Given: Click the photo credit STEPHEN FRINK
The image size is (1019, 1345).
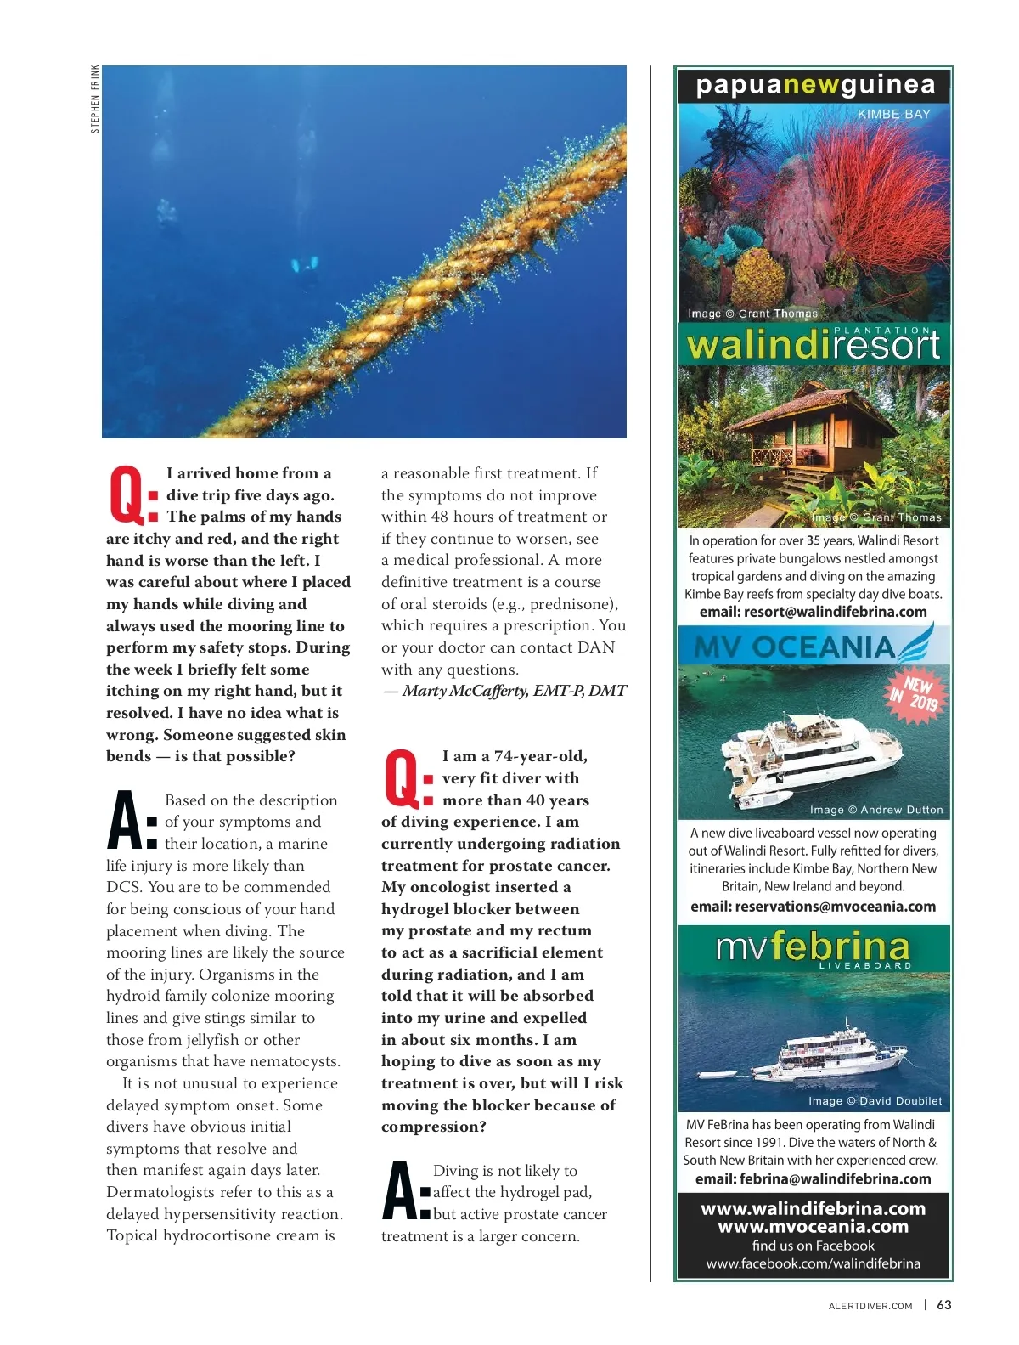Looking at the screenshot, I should [95, 99].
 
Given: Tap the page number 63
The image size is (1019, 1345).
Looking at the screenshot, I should [944, 1305].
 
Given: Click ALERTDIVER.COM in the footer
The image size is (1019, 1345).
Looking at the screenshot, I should [870, 1306].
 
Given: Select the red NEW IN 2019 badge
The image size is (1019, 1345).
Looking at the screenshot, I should [912, 693].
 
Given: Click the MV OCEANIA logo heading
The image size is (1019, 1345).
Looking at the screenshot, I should [795, 647].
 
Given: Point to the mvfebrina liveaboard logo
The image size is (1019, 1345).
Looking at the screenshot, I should [813, 948].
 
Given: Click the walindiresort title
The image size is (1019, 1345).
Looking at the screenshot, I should [813, 345].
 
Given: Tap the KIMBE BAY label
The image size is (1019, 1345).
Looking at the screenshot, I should [893, 114].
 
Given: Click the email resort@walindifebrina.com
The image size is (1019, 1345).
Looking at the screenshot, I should [813, 612].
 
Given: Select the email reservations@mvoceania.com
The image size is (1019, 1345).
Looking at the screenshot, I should [813, 907].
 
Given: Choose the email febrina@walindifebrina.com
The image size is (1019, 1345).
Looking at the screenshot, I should [813, 1179].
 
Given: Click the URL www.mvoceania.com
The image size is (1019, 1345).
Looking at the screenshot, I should [813, 1227].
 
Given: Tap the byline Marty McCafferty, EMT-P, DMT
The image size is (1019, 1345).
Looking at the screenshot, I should [506, 691].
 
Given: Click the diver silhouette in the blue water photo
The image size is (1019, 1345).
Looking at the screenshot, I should [304, 264].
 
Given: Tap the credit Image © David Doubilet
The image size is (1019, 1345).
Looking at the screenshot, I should [875, 1101].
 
